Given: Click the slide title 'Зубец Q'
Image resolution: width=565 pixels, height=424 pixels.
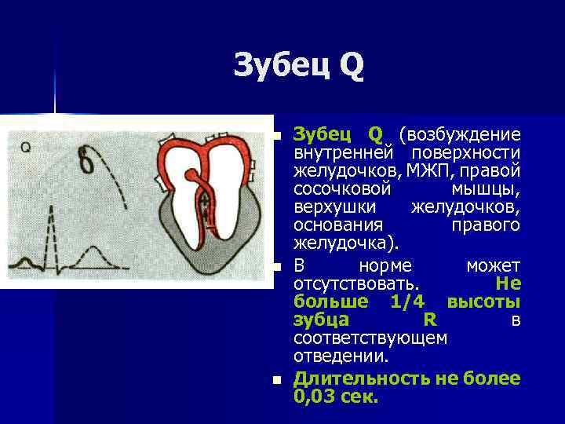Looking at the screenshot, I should pos(298,66).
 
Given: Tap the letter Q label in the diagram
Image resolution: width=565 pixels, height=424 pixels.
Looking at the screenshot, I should pos(25,146).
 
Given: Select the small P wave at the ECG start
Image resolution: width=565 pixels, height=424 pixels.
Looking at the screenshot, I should pos(24,262).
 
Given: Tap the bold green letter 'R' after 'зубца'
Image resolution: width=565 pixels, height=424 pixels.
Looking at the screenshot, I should pos(429,320).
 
